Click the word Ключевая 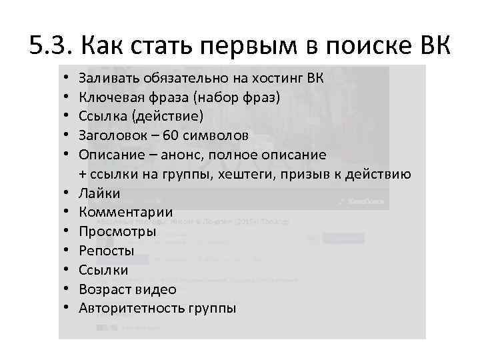tap(107, 97)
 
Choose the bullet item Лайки tap(99, 194)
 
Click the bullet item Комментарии tap(125, 213)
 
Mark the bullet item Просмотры tap(117, 232)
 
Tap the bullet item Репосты tap(107, 251)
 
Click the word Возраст tap(104, 289)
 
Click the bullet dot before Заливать tap(68, 78)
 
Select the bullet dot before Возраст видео tap(68, 289)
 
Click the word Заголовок tap(109, 136)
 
